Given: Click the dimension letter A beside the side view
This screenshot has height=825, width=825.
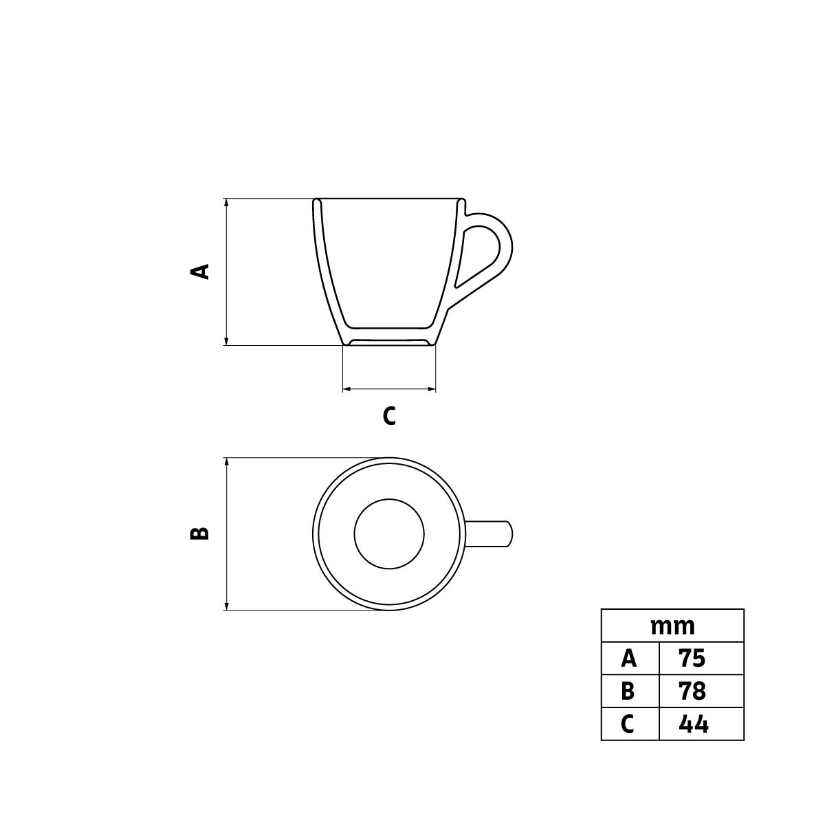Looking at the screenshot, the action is (200, 272).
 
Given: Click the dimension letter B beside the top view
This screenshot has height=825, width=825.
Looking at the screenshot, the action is (199, 533).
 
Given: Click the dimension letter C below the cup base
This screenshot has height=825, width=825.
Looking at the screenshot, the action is (389, 416).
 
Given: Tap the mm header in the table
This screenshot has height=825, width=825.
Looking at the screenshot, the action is (672, 627).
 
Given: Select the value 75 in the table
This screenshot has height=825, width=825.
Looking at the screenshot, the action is (692, 659).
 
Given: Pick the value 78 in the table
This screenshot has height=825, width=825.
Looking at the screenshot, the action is (692, 692).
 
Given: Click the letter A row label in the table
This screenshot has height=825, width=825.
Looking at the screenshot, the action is (629, 659).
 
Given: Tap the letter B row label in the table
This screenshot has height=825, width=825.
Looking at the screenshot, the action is (628, 692).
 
